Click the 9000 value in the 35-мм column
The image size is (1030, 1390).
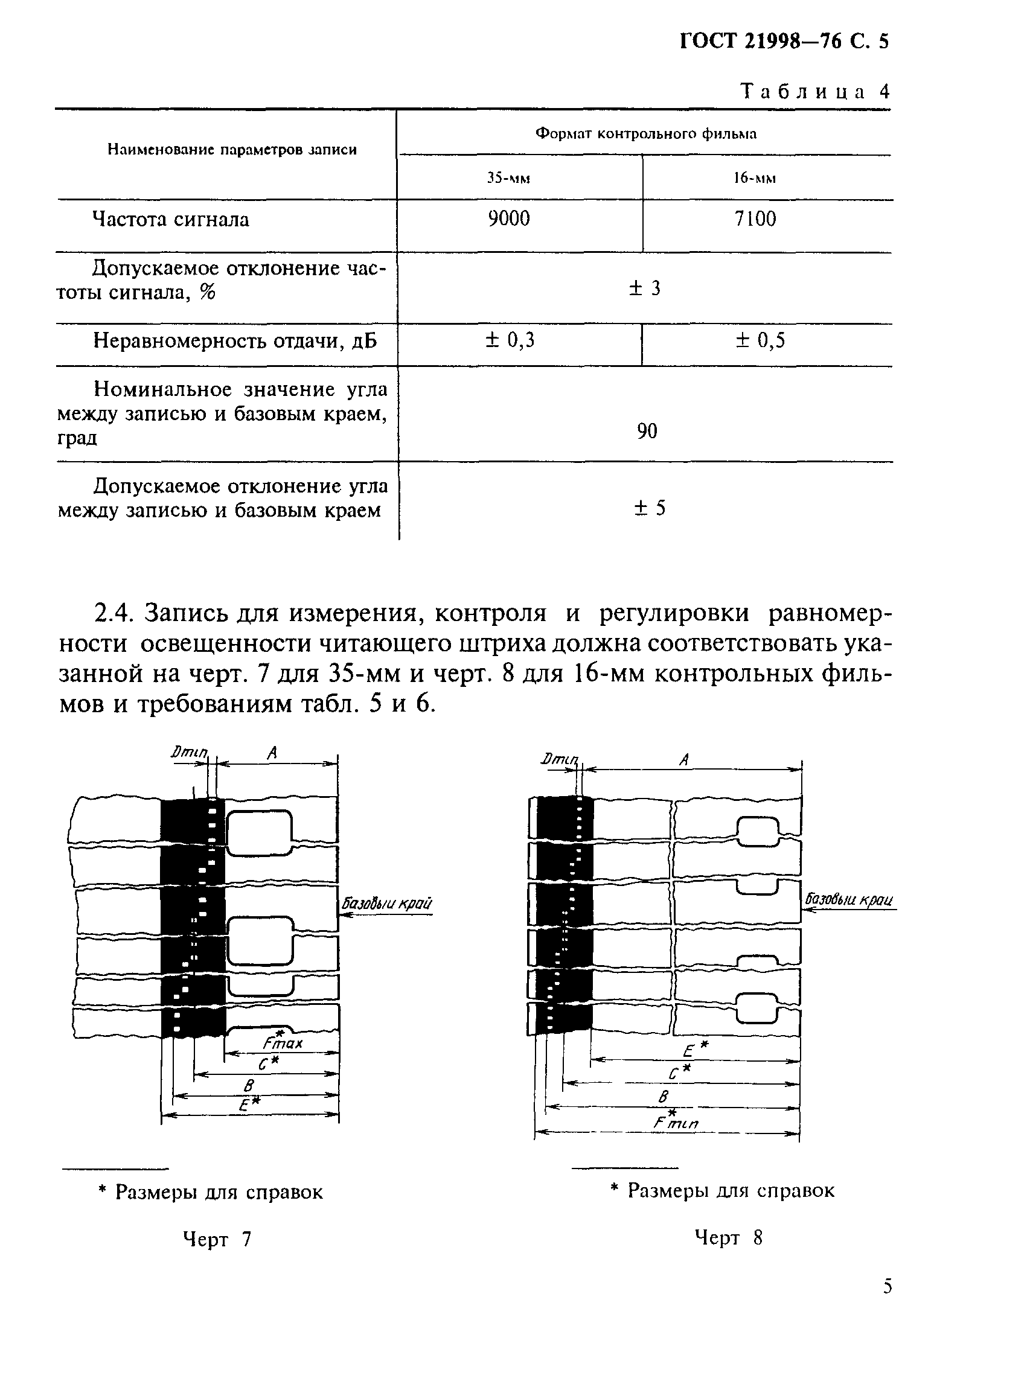508,218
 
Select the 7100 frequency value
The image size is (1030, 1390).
755,218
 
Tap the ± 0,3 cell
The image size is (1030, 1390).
510,340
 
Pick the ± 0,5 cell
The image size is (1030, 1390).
760,340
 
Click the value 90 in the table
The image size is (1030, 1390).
647,431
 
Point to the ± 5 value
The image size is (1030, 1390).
650,508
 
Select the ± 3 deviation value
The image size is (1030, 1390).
645,288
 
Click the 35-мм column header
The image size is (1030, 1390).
508,178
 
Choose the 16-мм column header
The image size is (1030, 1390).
755,178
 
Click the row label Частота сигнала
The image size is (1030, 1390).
170,220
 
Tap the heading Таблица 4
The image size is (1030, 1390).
815,92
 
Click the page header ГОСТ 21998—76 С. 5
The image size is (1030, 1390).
784,41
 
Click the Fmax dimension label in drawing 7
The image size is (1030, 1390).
283,1042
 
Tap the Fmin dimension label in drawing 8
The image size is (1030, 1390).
676,1122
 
